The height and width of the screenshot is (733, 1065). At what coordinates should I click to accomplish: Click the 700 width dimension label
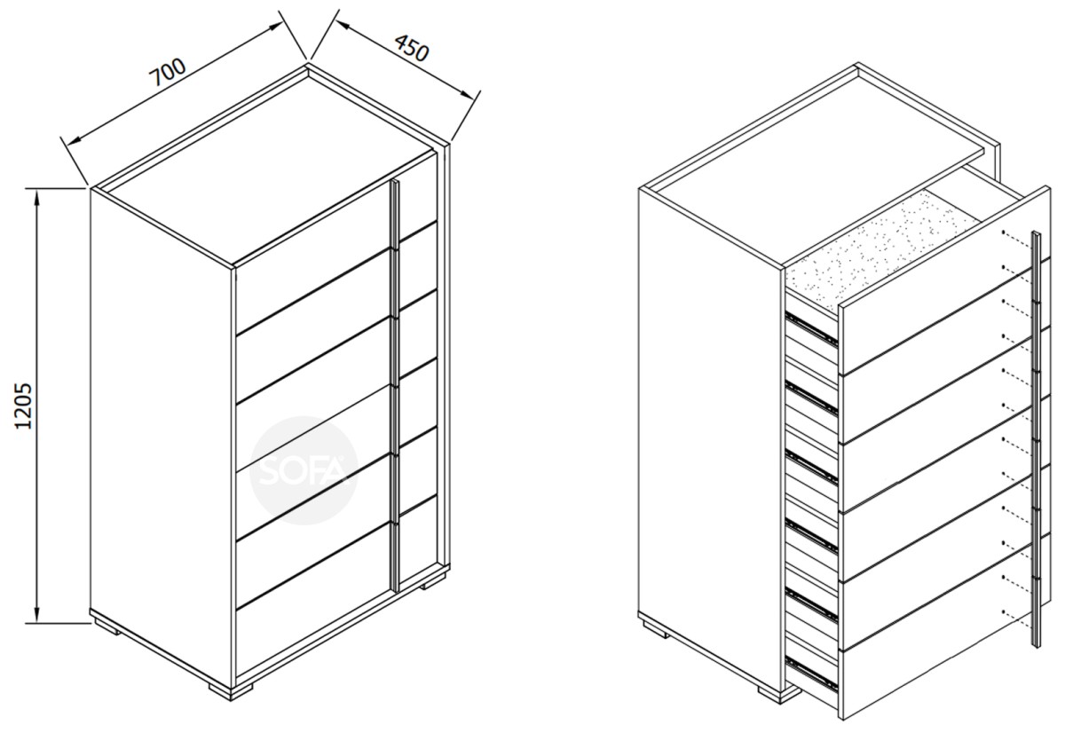(x=168, y=72)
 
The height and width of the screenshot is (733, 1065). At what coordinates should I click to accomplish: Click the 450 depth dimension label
(x=412, y=48)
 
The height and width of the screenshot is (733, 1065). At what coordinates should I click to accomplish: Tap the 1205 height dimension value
(x=23, y=406)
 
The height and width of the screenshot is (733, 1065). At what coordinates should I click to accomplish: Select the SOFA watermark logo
(x=304, y=470)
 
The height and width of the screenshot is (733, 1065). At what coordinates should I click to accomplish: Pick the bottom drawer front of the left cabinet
(x=312, y=599)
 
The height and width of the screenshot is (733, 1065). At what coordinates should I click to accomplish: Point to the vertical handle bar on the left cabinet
(x=395, y=385)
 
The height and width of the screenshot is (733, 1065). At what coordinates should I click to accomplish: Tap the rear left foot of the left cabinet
(x=107, y=626)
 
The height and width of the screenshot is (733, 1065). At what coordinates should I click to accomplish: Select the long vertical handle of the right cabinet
(x=1036, y=438)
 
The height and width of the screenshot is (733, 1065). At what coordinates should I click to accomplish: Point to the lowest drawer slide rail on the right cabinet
(x=811, y=674)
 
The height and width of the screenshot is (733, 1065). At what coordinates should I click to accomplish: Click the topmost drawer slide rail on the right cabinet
(x=811, y=327)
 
